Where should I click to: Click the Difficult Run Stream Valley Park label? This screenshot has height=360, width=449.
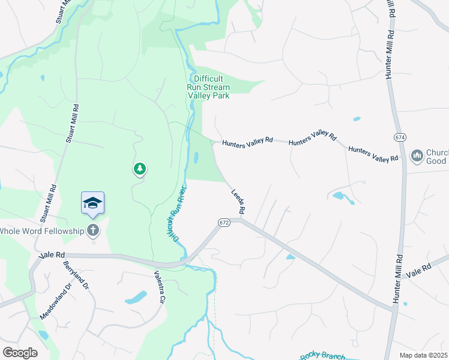(208, 87)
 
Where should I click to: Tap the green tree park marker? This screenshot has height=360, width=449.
(140, 169)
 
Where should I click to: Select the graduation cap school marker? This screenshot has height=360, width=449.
(93, 203)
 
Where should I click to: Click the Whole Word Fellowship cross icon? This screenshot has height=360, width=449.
(93, 230)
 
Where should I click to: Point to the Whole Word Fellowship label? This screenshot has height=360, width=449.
(43, 231)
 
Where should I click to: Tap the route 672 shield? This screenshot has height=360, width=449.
(224, 223)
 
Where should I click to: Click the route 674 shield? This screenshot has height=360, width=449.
(400, 137)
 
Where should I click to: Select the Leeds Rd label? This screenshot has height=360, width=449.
(239, 202)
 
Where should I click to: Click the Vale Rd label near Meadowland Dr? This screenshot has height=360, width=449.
(51, 255)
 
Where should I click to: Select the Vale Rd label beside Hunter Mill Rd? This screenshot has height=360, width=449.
(419, 270)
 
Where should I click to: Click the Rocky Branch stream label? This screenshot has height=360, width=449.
(322, 356)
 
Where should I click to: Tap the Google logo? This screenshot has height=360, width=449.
(20, 352)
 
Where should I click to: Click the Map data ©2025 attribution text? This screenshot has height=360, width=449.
(423, 355)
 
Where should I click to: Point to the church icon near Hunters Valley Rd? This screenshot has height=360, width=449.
(417, 157)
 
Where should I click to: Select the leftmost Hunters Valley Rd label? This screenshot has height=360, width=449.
(247, 142)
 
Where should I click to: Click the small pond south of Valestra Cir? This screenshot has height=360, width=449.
(136, 298)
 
